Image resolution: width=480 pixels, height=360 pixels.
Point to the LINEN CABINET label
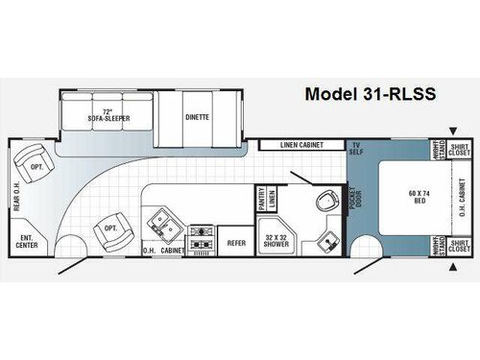(x=300, y=145)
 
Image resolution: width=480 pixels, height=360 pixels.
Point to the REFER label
(x=236, y=243)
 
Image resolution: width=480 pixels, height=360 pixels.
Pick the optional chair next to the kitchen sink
(x=107, y=228)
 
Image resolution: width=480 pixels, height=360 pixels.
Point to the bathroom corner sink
(x=328, y=240)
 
